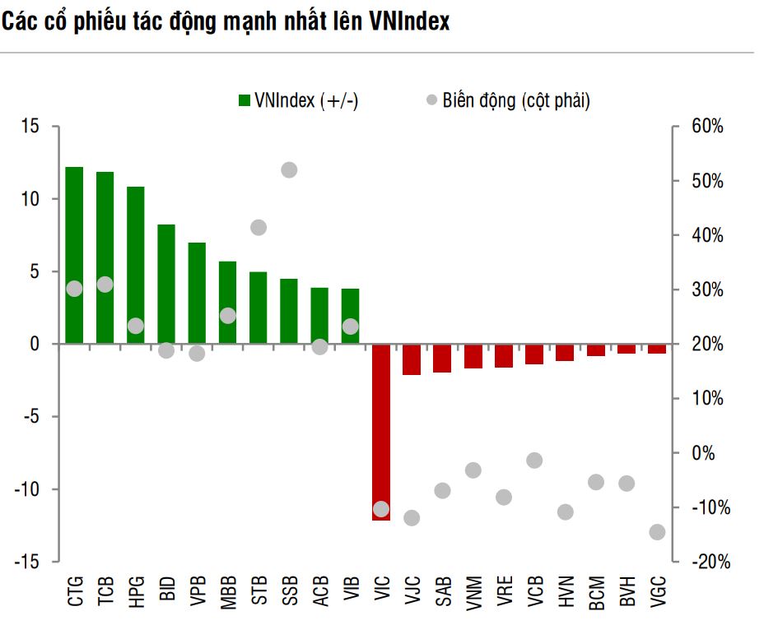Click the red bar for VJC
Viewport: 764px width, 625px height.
[x=412, y=359]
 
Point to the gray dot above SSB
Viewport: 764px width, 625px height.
[x=289, y=170]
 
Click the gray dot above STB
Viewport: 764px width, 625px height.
[x=259, y=228]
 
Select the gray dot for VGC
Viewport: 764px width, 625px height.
[x=657, y=532]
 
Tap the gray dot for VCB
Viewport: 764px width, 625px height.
[x=534, y=461]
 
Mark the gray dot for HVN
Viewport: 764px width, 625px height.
[x=565, y=512]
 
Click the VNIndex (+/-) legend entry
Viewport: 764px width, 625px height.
[x=298, y=100]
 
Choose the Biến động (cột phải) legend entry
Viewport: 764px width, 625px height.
[x=507, y=100]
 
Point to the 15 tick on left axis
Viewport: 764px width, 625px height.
[x=30, y=127]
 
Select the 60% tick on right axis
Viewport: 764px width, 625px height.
[x=707, y=127]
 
